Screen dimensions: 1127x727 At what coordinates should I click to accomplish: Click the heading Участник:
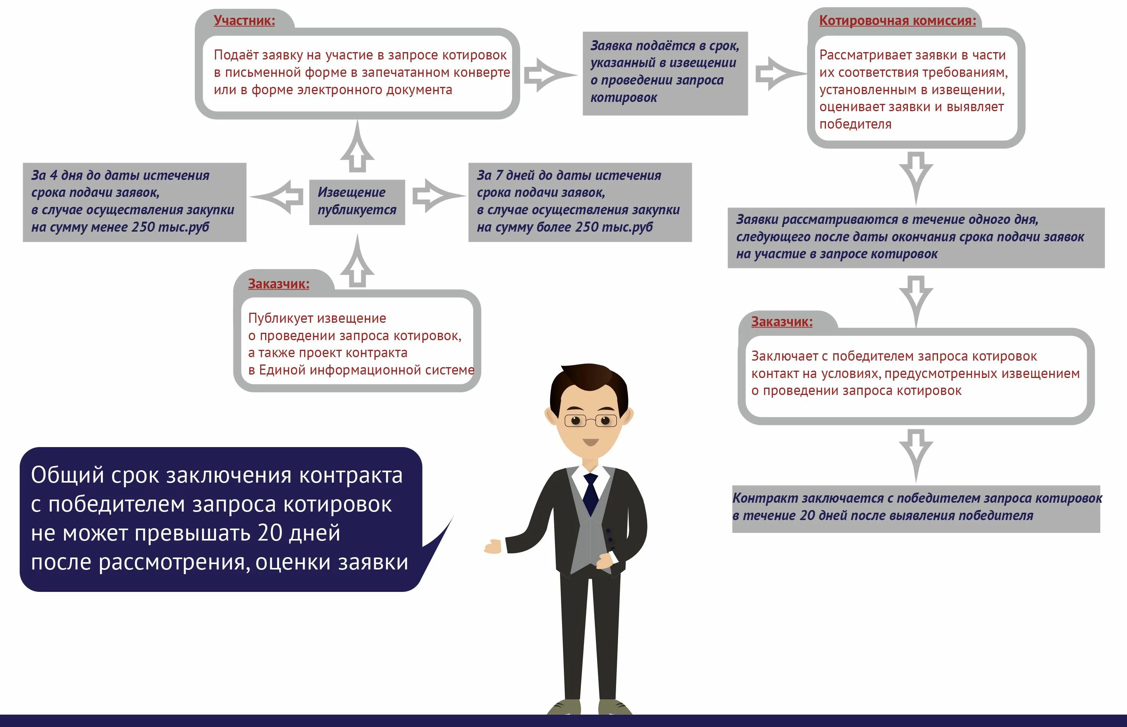[x=244, y=20]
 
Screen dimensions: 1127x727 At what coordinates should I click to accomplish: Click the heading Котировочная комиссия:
[x=897, y=20]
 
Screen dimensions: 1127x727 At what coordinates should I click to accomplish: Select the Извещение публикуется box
[x=357, y=201]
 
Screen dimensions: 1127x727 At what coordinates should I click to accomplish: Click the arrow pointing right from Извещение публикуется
[x=437, y=195]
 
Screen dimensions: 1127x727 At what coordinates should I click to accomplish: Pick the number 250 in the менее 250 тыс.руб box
[x=143, y=227]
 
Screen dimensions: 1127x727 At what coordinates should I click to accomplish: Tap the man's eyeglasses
[x=591, y=420]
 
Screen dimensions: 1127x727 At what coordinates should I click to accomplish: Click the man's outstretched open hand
[x=492, y=547]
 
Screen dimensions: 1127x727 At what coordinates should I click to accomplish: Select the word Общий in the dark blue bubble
[x=67, y=475]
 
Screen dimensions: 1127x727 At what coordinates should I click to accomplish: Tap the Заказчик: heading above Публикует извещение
[x=278, y=284]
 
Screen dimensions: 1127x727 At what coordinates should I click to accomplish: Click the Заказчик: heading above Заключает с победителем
[x=781, y=322]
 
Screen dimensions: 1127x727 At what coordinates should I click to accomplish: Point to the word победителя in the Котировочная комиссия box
[x=855, y=124]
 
